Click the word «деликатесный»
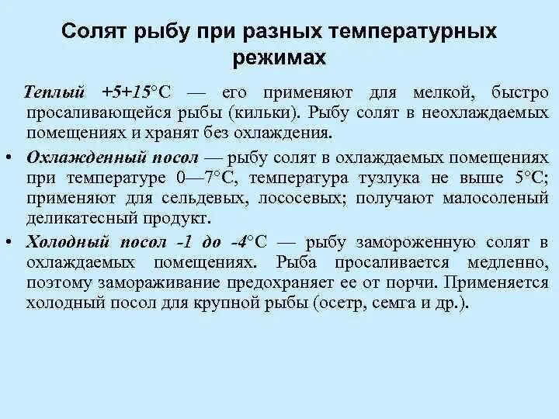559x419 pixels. tap(75, 217)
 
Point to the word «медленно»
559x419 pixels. tap(512, 261)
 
